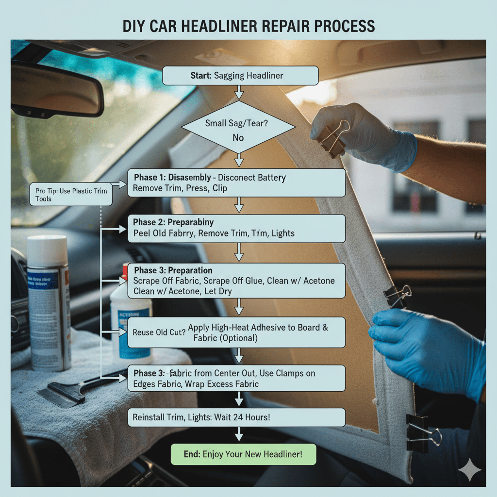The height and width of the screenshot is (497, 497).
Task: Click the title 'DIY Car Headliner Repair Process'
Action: (248, 26)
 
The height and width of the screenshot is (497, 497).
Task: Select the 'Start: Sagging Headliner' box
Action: (240, 76)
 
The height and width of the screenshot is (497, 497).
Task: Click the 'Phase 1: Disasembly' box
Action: (236, 183)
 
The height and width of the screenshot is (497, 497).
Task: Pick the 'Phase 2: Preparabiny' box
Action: (236, 228)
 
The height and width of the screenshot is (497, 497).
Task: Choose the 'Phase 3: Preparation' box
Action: (236, 281)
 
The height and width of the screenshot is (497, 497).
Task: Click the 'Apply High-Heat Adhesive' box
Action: (236, 332)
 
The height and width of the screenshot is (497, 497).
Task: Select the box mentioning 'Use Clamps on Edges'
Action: (236, 379)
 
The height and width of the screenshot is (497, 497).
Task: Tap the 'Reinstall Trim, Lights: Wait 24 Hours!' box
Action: (236, 417)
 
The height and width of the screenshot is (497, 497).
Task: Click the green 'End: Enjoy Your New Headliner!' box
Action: (243, 455)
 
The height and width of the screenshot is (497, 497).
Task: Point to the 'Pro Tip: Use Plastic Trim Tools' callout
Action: (71, 194)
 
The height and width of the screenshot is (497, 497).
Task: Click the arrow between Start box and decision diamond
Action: (238, 92)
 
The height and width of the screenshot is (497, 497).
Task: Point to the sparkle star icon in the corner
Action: (470, 470)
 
